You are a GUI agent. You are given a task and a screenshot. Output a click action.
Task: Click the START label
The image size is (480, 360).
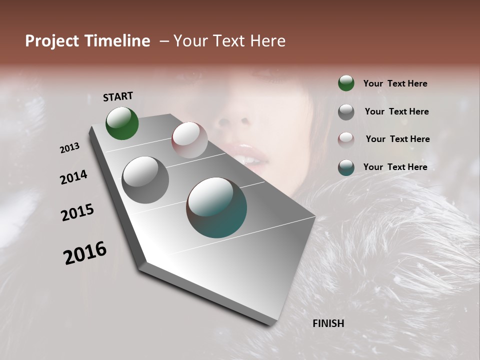[x=118, y=96]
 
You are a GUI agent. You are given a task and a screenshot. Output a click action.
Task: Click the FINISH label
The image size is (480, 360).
[x=328, y=323]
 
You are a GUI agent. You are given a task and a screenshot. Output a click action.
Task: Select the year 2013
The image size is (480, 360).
[x=69, y=148]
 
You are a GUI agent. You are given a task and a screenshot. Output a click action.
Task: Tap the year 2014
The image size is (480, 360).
[x=73, y=177]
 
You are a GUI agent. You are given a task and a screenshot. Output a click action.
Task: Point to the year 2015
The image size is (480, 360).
[x=77, y=213]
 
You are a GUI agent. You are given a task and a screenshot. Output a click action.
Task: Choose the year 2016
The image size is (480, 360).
[x=85, y=253]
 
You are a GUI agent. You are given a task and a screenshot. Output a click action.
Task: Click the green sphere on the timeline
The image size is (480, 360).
[x=122, y=123]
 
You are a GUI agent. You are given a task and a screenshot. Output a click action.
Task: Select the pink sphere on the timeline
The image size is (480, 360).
[x=189, y=140]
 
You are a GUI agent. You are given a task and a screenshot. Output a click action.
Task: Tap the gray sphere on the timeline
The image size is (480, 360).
[x=145, y=179]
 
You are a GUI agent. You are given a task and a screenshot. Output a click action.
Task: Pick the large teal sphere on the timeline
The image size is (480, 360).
[x=216, y=207]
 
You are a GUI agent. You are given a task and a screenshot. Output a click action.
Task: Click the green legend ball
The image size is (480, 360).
[x=346, y=83]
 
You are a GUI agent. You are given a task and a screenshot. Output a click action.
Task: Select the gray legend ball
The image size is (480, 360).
[x=346, y=112]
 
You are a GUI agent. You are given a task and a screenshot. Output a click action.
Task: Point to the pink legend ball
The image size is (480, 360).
[x=346, y=139]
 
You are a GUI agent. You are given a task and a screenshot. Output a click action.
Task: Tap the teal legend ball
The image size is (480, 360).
[x=346, y=167]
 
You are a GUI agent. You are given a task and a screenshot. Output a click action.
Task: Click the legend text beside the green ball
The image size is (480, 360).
[x=395, y=83]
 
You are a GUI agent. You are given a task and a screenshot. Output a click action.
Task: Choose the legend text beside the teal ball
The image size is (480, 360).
[x=395, y=167]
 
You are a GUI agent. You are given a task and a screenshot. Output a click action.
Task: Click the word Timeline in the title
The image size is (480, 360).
[x=117, y=41]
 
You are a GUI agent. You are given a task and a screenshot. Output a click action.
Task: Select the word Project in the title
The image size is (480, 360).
[x=52, y=41]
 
